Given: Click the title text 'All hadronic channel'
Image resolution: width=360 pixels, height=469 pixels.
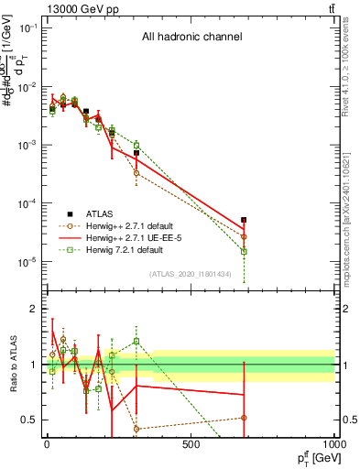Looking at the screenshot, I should tap(191, 38).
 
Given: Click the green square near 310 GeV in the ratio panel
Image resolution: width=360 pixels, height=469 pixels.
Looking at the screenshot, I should tap(136, 342).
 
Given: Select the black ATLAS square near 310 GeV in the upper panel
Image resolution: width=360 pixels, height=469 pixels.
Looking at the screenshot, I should tap(136, 153).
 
